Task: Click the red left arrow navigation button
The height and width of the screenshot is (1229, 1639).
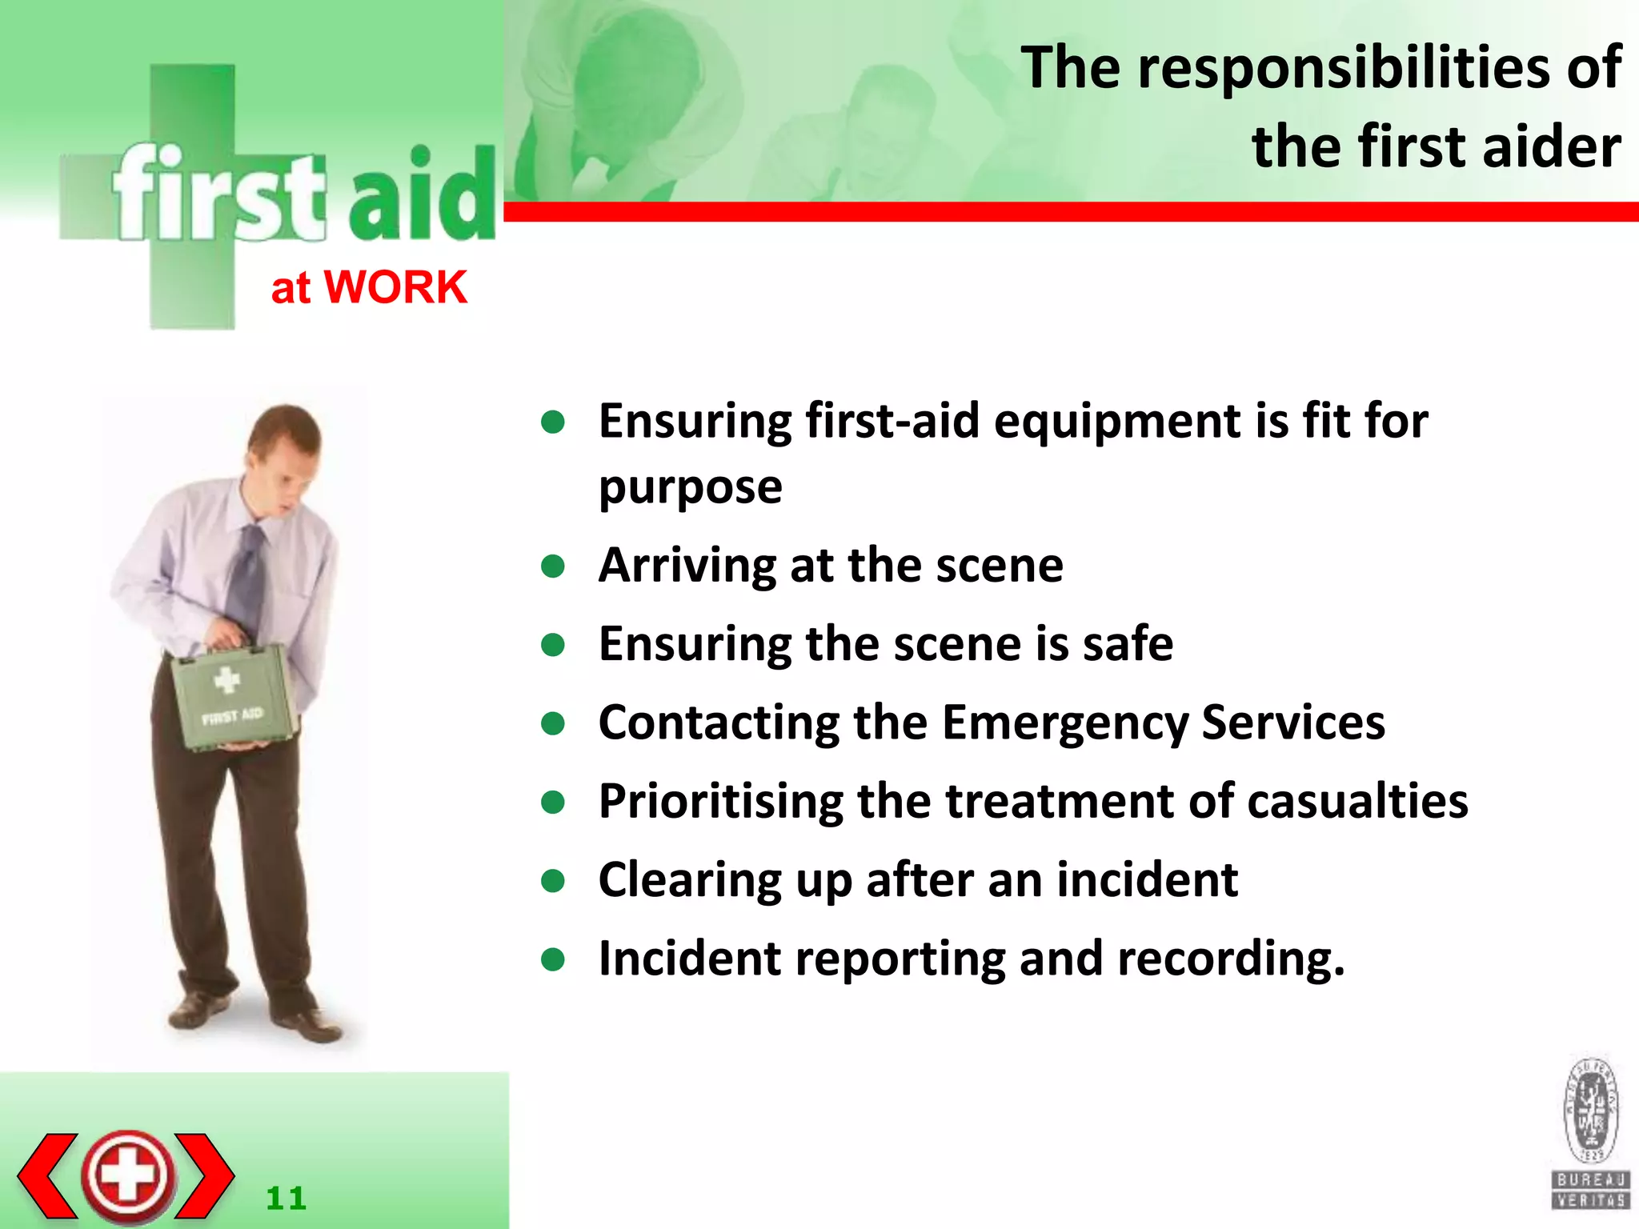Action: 48,1175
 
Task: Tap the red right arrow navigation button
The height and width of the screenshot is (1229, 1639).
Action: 205,1175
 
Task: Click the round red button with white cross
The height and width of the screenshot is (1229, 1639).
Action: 128,1175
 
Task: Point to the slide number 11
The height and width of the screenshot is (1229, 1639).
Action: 286,1198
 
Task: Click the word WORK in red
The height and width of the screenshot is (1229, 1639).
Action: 395,287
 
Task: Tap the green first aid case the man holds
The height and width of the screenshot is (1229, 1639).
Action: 234,696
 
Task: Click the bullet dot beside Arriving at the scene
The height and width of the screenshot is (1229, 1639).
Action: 553,566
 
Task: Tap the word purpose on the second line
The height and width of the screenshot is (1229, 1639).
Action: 690,486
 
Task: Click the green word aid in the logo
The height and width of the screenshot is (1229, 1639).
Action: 422,196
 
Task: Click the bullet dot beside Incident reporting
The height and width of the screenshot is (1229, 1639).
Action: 553,959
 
